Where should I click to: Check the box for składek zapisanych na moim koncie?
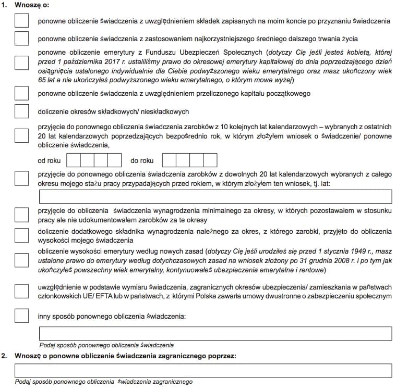point(22,21)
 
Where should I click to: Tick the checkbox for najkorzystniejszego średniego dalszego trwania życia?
point(22,39)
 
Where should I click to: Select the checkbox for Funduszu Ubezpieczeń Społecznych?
point(22,62)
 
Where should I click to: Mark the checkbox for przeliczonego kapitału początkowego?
point(22,93)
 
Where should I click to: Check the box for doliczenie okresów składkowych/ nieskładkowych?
point(22,111)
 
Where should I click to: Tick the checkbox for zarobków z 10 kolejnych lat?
point(22,135)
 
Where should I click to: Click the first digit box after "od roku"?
point(74,160)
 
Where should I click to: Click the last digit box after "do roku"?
point(210,160)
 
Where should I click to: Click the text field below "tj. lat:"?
point(215,196)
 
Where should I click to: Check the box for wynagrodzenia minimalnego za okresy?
point(22,215)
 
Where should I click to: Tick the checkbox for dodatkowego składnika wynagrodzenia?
point(22,235)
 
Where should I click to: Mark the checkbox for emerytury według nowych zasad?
point(22,260)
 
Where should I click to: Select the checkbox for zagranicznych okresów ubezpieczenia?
point(22,292)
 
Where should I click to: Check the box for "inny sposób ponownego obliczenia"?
point(22,316)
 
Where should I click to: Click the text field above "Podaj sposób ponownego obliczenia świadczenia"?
point(215,333)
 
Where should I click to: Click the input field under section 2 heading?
point(203,371)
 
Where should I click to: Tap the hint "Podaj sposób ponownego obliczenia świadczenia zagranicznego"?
point(104,382)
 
